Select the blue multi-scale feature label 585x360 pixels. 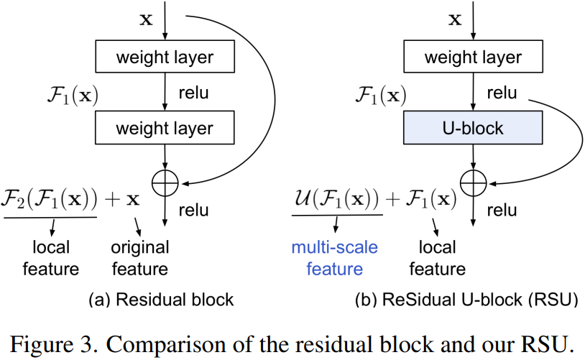[334, 258]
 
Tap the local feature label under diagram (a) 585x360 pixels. [51, 258]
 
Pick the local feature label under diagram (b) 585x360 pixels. [437, 258]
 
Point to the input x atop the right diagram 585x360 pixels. [455, 19]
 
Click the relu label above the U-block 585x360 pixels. [501, 93]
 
